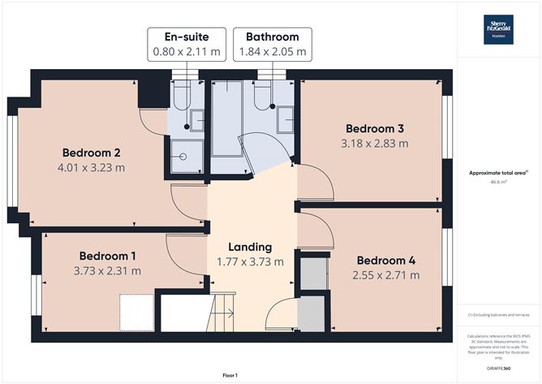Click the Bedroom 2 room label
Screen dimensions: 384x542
(x=92, y=152)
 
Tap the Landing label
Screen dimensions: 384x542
(x=249, y=246)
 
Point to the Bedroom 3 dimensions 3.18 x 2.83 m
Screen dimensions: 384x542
(x=375, y=144)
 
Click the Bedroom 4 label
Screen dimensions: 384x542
(x=388, y=260)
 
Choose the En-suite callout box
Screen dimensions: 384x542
(x=186, y=44)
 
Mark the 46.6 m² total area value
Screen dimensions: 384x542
(x=498, y=183)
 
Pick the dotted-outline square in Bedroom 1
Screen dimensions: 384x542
(x=135, y=311)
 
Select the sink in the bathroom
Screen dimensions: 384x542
(x=286, y=120)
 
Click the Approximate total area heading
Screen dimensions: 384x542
(x=498, y=172)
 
